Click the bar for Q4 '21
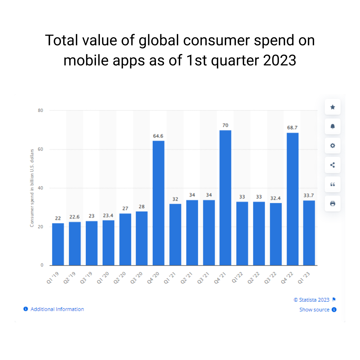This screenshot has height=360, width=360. click(225, 198)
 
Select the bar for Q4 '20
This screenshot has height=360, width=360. click(158, 203)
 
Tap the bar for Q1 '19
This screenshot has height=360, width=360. click(58, 244)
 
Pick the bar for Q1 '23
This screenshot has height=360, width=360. click(309, 233)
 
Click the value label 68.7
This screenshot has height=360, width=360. click(292, 128)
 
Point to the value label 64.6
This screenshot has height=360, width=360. click(158, 136)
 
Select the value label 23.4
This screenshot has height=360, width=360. click(108, 216)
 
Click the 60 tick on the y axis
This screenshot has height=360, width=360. click(40, 149)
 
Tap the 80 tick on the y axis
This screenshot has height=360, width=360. click(40, 110)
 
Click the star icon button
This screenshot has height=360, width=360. click(332, 107)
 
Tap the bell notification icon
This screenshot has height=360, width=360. click(332, 126)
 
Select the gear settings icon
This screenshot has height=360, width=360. click(332, 145)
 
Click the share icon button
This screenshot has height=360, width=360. click(332, 165)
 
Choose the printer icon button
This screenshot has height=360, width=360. click(332, 204)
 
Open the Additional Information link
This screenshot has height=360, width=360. click(57, 309)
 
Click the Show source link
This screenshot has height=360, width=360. click(314, 310)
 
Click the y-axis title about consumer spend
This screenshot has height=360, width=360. click(32, 188)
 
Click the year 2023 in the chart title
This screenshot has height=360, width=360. click(280, 60)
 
